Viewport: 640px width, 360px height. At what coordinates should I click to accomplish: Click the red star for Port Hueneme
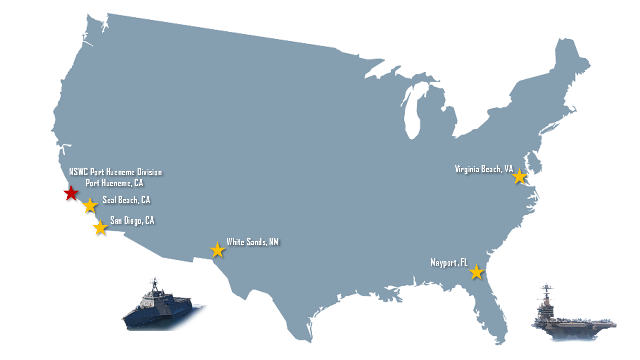[71, 193]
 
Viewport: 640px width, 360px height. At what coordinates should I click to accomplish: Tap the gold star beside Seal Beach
[90, 205]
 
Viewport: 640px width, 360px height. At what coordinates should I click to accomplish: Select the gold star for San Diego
[100, 227]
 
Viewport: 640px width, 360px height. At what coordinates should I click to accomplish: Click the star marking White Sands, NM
[217, 250]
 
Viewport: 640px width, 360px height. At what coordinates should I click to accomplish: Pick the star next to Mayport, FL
[476, 272]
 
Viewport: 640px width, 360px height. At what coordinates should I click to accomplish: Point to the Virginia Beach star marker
[520, 176]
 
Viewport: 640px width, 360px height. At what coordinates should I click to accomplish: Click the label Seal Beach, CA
[126, 200]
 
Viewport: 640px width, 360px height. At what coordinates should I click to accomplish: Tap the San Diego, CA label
[132, 220]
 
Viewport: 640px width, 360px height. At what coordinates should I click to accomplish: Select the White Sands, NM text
[252, 242]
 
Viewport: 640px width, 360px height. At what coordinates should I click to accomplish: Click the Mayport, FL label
[449, 263]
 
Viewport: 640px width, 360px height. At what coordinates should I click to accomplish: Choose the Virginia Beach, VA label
[484, 169]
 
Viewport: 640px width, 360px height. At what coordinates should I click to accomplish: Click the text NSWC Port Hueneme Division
[115, 172]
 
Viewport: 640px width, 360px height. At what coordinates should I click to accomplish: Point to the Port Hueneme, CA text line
[114, 183]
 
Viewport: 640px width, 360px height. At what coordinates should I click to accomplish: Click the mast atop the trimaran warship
[155, 283]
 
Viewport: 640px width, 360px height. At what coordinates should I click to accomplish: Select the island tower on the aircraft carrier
[547, 295]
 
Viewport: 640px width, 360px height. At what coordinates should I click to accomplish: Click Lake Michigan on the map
[412, 112]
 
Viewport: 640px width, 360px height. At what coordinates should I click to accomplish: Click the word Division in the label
[149, 172]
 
